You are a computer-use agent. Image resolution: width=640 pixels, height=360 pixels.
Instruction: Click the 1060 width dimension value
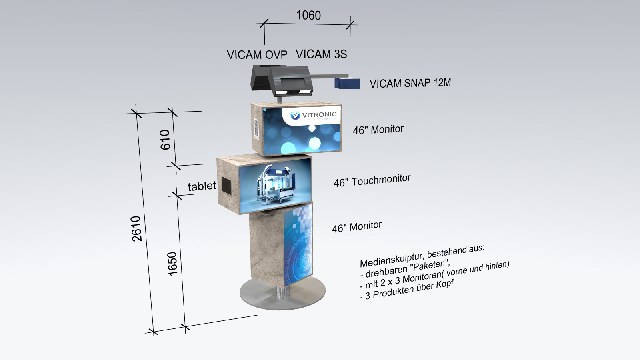308,16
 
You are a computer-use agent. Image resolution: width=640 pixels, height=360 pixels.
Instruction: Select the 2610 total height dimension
137,228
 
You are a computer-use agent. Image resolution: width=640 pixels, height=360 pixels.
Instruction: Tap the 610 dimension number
165,140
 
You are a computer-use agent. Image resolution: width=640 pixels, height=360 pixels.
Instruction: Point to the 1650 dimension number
172,264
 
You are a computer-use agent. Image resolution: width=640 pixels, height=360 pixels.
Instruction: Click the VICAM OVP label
257,55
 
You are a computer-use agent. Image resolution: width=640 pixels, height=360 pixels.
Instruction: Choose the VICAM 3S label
321,54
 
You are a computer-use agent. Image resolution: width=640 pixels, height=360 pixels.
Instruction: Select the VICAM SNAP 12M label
410,83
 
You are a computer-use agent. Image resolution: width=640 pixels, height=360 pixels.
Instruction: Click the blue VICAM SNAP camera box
347,83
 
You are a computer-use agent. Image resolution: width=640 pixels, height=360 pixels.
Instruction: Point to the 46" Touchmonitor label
372,181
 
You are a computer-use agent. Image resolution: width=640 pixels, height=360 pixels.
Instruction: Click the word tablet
202,186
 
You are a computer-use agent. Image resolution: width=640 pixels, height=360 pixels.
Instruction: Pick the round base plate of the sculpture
282,296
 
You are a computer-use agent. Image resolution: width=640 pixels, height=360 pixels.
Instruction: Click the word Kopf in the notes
445,284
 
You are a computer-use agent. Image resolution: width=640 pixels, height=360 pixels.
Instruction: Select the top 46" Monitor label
378,130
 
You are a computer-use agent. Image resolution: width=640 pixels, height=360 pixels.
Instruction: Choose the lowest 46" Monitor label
357,227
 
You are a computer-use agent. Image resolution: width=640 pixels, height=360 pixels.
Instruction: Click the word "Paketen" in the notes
429,265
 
